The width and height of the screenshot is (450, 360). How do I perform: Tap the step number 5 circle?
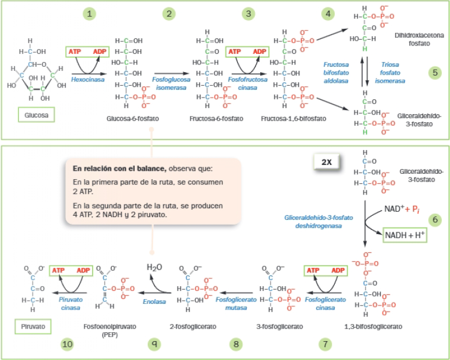click(435, 73)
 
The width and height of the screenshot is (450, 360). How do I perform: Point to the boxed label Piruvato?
click(32, 325)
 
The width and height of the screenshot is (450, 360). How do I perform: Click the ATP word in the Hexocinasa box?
click(75, 51)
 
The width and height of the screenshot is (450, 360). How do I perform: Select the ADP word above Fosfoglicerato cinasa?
click(338, 270)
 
